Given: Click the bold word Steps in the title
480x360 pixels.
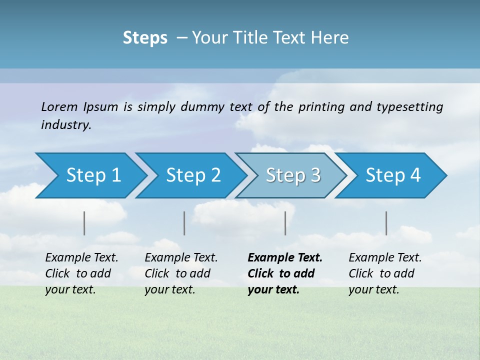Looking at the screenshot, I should [x=145, y=38].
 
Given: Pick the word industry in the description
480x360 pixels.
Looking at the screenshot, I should [x=66, y=125].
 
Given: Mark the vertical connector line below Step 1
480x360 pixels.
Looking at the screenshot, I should [x=84, y=223].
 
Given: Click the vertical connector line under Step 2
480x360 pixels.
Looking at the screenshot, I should [x=184, y=223].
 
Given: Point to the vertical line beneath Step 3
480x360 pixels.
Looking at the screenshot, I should [x=285, y=223].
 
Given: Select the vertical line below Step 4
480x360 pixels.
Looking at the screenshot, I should [x=386, y=223].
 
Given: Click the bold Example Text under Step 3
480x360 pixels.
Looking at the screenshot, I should [x=285, y=258].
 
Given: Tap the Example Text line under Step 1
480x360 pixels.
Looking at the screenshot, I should [x=81, y=258].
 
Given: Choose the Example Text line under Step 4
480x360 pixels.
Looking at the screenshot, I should [x=385, y=258].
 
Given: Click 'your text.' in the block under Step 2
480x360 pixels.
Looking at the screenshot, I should [x=169, y=290].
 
